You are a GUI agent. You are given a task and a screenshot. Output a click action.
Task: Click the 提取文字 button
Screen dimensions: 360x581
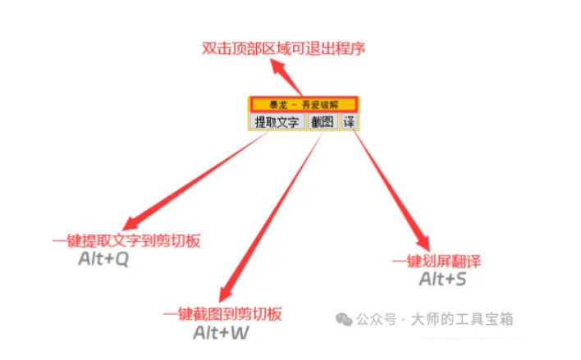click(276, 122)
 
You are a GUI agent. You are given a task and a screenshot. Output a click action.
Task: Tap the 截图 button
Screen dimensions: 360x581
click(322, 122)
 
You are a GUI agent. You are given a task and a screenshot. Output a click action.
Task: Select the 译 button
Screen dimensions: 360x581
click(349, 122)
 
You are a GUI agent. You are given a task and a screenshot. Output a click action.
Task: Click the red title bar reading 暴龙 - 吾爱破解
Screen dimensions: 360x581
click(303, 104)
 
